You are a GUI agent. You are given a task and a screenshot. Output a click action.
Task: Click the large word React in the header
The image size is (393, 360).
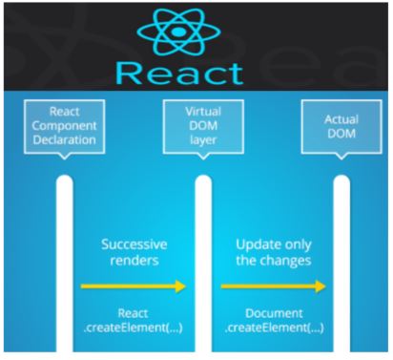(x=196, y=71)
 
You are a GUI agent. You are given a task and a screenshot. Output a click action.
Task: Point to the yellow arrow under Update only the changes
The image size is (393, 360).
(x=272, y=286)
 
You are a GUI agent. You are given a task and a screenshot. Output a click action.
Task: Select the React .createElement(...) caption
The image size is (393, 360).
(x=134, y=320)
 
